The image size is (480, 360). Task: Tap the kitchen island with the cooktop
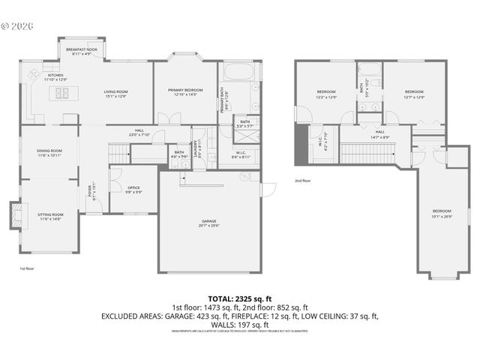(61, 93)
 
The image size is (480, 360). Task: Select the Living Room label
(115, 94)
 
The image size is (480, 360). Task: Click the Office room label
(133, 190)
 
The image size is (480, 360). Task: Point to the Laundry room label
(197, 147)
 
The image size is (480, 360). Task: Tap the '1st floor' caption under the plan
(27, 268)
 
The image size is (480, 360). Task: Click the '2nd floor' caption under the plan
(302, 181)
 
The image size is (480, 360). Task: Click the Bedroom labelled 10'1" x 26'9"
(442, 213)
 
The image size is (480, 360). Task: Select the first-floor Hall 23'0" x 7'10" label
(139, 132)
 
